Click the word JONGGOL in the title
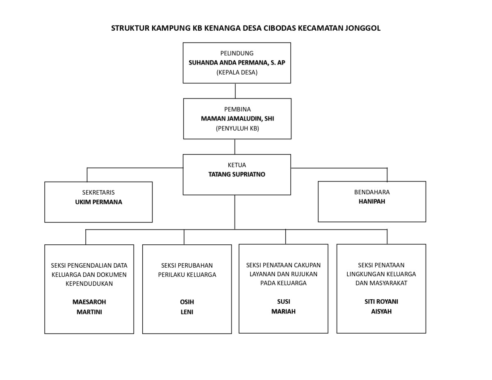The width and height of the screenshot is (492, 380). tap(363, 28)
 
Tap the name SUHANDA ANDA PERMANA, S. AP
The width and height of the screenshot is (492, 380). tap(237, 63)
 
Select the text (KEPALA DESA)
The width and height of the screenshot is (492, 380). tap(237, 73)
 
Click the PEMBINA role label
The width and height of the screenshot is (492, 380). tap(237, 109)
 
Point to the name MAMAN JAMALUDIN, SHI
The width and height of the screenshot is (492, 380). tap(237, 119)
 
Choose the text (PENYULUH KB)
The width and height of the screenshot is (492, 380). tap(237, 128)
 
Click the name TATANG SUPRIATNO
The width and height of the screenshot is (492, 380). tap(237, 174)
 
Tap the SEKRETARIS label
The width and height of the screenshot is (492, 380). tap(98, 192)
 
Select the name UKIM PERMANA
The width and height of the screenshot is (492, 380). tap(98, 202)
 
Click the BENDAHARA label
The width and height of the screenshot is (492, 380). tap(372, 192)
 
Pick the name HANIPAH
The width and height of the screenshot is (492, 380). tap(372, 202)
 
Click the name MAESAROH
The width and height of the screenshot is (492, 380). tap(89, 302)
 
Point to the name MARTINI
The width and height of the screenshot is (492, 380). tap(89, 312)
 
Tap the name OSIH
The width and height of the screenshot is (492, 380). tap(187, 302)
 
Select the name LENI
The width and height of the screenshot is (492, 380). tap(187, 312)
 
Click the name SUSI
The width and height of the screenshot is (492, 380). tap(283, 302)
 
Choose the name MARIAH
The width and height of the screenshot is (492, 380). tap(283, 312)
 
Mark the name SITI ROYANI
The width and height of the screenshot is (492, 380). tap(381, 301)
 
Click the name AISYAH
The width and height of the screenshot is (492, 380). tap(381, 312)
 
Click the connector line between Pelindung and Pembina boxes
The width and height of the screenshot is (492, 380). tap(235, 91)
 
